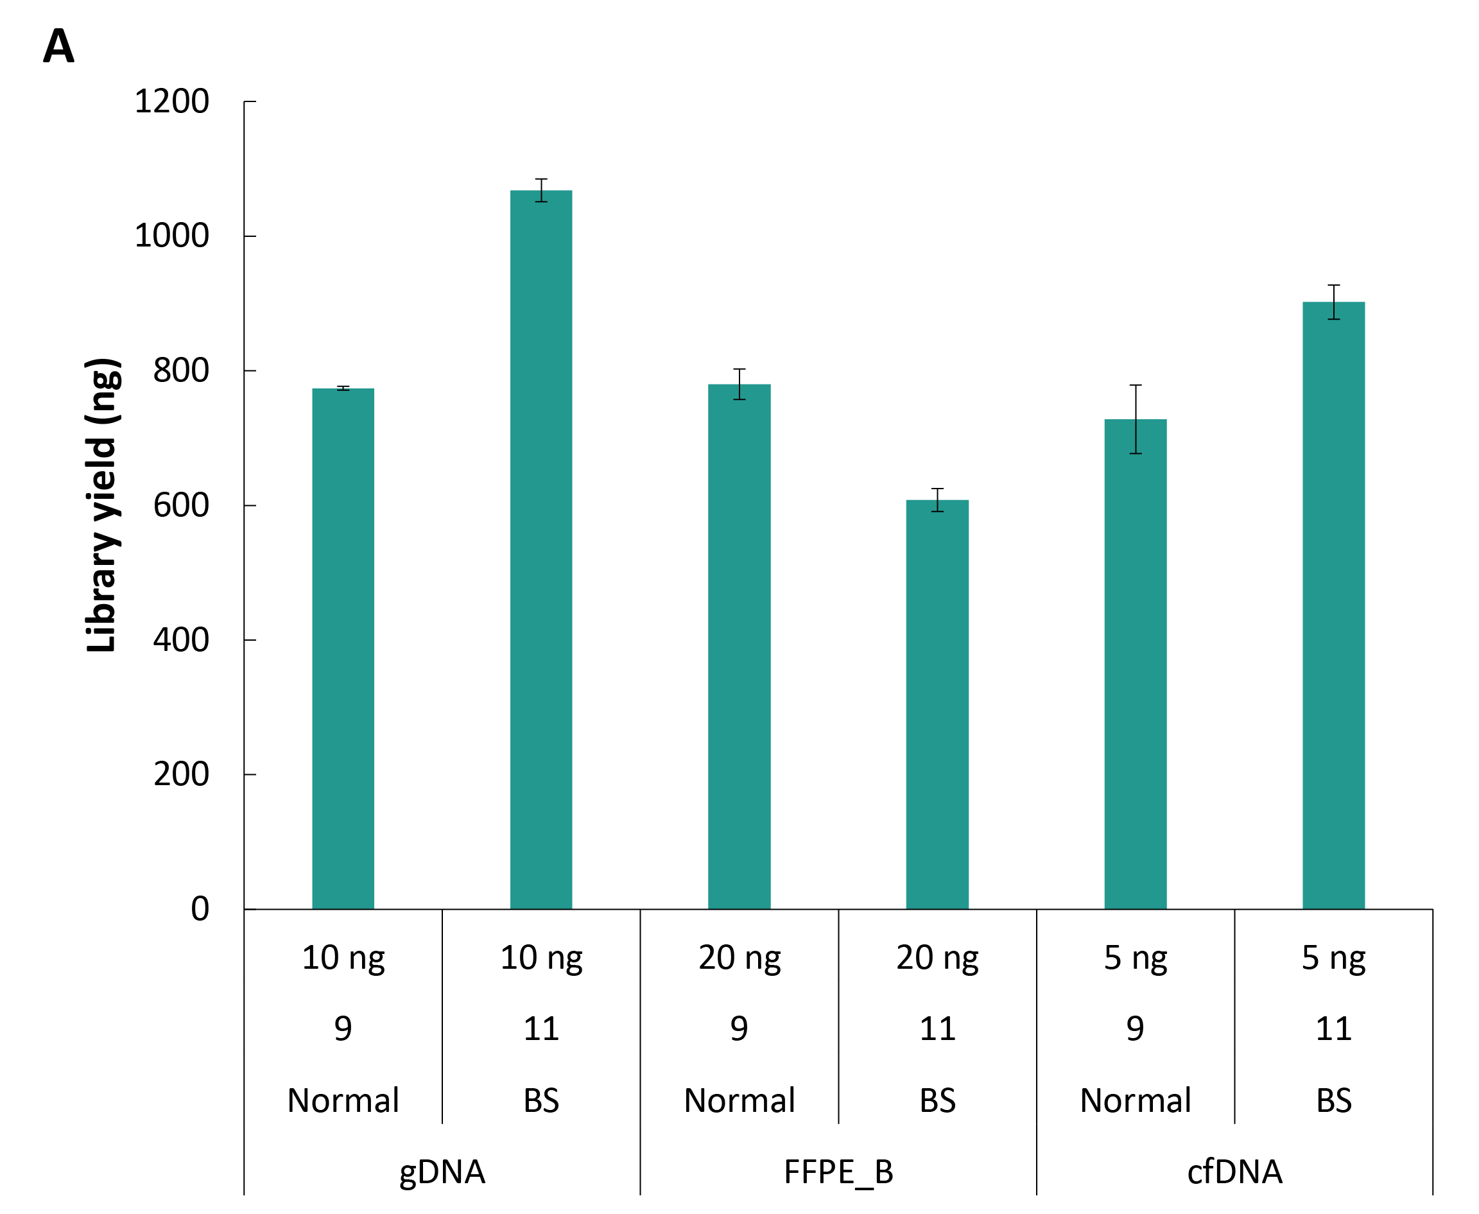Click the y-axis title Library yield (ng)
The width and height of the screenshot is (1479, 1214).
(102, 505)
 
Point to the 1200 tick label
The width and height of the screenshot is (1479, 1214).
(171, 102)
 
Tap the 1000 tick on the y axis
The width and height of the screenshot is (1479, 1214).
(171, 236)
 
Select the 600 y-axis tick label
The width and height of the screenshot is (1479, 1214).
(180, 506)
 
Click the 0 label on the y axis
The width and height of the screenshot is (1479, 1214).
(200, 910)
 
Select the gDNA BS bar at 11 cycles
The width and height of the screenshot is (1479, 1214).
(541, 550)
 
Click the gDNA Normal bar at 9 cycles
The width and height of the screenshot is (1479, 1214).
(343, 649)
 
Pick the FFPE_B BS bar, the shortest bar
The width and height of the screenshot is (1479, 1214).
(937, 705)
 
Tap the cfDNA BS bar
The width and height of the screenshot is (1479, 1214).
(1333, 605)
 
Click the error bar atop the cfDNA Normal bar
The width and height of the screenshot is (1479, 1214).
(1136, 420)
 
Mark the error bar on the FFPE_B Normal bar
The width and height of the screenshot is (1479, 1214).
(739, 385)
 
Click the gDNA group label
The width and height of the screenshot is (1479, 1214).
(442, 1172)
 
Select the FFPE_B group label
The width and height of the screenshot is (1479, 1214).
(838, 1172)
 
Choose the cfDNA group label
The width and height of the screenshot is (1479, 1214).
(1235, 1172)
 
